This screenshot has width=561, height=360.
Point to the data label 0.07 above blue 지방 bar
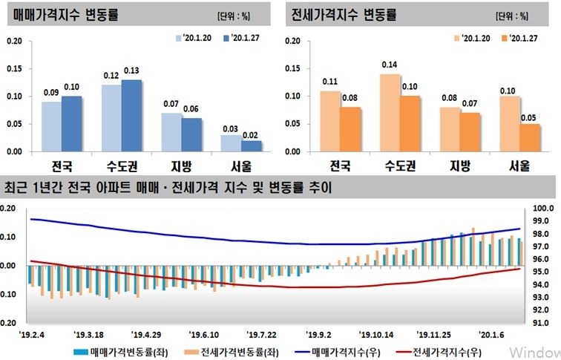(x=171, y=104)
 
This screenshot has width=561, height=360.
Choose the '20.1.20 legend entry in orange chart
(x=470, y=37)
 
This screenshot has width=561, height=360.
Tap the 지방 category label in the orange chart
(x=459, y=164)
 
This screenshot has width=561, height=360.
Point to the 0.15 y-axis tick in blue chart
(x=13, y=68)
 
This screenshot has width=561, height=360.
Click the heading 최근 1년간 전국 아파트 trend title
(x=168, y=188)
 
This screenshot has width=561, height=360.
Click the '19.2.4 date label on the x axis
(x=33, y=335)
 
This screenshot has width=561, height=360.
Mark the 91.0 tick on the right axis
(x=540, y=324)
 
